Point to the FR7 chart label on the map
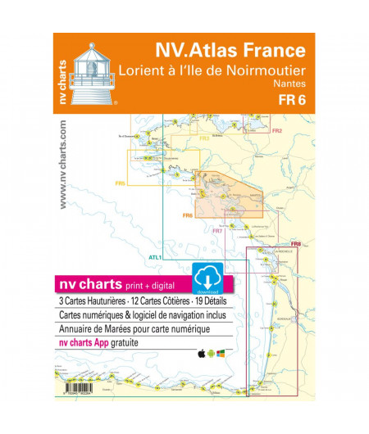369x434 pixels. point(217,232)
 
